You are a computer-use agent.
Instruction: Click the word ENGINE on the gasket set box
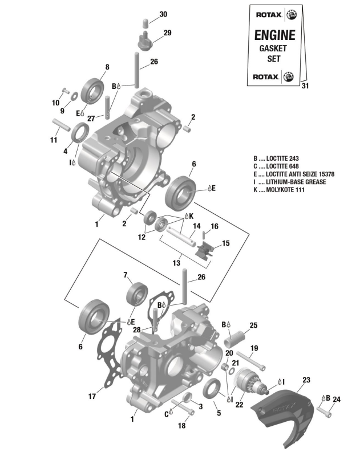274,35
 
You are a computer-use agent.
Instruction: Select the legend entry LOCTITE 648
284,166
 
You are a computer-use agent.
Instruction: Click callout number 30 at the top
147,14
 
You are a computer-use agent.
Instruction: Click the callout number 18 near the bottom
182,426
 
